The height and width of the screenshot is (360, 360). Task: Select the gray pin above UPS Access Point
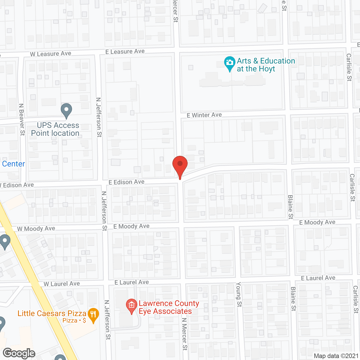pos(66,110)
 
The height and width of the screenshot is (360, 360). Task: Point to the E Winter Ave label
pos(204,115)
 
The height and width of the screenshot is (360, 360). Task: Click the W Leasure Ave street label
pos(51,54)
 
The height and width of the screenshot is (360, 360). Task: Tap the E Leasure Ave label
pos(125,51)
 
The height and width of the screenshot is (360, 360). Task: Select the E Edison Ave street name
pos(127,182)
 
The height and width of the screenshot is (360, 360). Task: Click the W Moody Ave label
pos(36,229)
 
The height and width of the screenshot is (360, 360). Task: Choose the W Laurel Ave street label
pos(62,284)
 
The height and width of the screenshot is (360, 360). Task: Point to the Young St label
pos(239,294)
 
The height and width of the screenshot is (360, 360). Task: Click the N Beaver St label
pos(22,120)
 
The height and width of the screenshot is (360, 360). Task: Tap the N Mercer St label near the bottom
pos(184,334)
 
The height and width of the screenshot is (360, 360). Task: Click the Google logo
pos(19,353)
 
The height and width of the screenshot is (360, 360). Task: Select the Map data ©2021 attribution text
pos(336,356)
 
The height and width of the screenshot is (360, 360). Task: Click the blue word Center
pos(13,164)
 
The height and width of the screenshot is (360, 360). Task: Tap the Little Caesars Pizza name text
pos(52,313)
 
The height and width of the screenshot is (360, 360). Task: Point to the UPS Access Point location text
pos(55,129)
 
